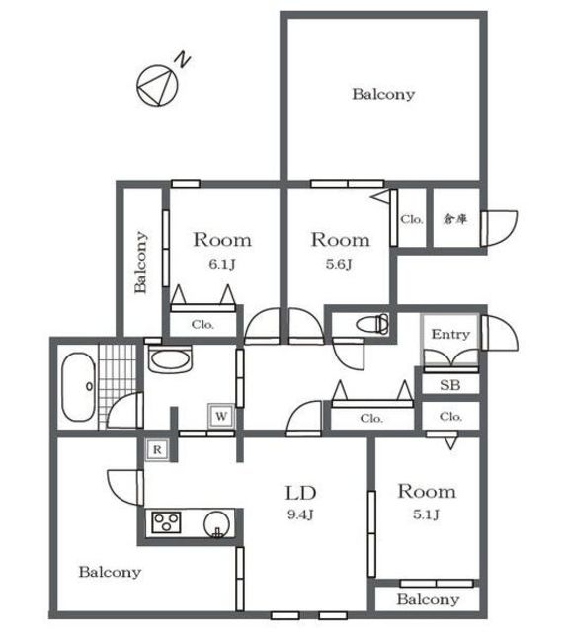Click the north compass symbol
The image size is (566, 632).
coord(157,86)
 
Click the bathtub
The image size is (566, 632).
coord(79,387)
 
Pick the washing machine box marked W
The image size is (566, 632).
coord(221,416)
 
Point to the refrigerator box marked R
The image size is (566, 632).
coord(157,449)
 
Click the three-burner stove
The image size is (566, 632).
coord(166,522)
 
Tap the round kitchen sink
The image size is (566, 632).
coord(217,524)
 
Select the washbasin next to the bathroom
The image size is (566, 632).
coord(170,359)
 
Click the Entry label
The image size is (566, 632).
coord(450,334)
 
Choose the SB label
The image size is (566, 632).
coord(449,385)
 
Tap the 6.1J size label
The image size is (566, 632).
coord(221,265)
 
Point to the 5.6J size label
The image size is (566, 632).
coord(339,264)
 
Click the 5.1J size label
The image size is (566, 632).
coord(426,514)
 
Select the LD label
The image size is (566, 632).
coord(300,493)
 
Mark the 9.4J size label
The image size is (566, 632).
coord(300,514)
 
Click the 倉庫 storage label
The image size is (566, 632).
coord(455,219)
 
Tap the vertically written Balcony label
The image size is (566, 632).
coord(140,262)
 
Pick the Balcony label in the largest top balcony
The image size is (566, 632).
coord(383,95)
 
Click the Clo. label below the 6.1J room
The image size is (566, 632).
coord(202,325)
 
